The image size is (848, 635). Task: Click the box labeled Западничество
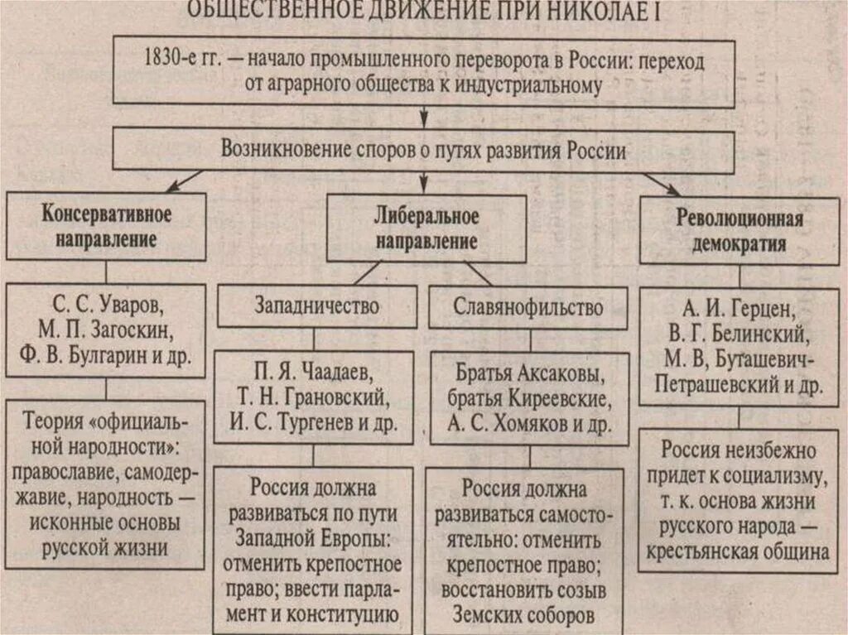tap(314, 306)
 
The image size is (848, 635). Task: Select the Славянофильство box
tap(528, 308)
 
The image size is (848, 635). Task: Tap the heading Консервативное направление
tap(106, 226)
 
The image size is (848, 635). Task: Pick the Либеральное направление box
tap(426, 229)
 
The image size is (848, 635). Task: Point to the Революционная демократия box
tap(740, 231)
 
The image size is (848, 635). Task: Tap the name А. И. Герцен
tap(740, 310)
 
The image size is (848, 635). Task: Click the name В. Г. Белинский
tap(740, 335)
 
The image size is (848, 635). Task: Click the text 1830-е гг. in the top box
tap(179, 60)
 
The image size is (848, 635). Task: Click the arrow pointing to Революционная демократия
tap(663, 183)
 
